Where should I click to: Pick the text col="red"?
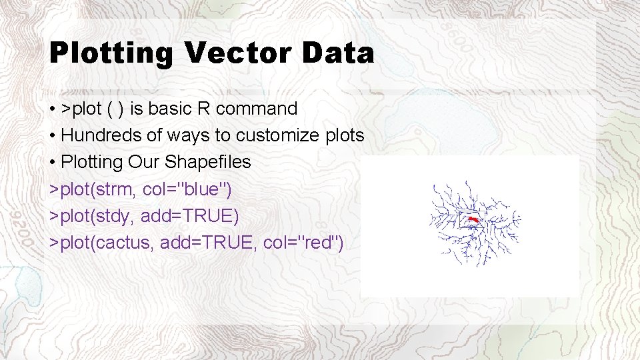point(303,243)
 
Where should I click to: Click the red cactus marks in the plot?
point(473,219)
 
